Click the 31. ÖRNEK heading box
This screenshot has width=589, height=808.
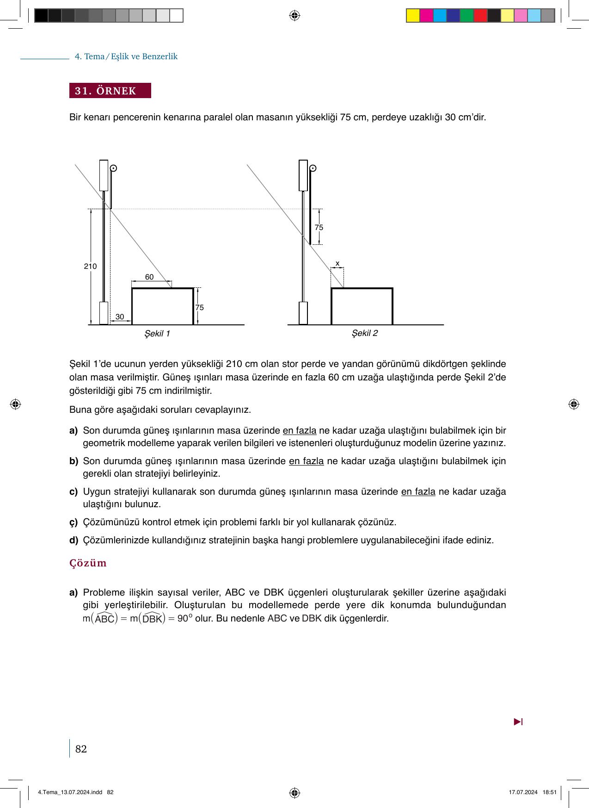click(110, 91)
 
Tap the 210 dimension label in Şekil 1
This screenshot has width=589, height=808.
click(90, 267)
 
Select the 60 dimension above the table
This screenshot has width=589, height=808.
click(149, 277)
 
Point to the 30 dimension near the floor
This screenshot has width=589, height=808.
click(120, 317)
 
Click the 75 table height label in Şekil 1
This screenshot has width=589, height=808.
click(199, 308)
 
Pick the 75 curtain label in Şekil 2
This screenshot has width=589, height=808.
click(319, 228)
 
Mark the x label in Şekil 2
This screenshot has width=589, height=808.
click(337, 263)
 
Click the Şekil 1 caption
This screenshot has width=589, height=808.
click(157, 334)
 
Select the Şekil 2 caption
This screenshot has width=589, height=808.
click(365, 333)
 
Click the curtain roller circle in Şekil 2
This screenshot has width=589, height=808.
click(313, 168)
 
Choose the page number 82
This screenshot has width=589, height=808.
click(81, 749)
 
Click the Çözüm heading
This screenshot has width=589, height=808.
click(88, 563)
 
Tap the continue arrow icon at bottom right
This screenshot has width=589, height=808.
click(518, 722)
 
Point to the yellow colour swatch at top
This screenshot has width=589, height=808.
click(413, 16)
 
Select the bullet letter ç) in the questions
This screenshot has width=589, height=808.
click(74, 522)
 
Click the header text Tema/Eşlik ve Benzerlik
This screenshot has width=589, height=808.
click(126, 56)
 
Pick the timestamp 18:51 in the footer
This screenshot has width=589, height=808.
click(550, 792)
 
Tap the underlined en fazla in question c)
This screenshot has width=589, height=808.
click(418, 491)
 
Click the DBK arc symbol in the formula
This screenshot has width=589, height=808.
click(152, 619)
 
